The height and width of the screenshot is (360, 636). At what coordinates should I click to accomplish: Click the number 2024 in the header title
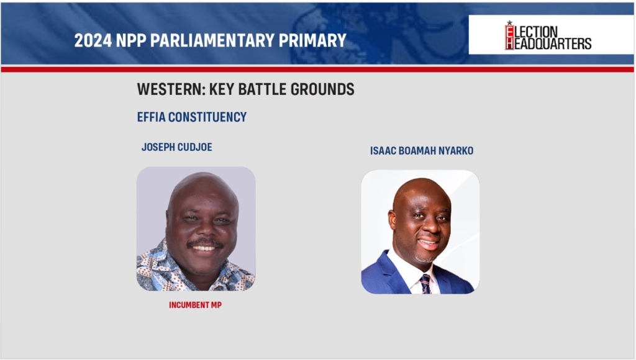click(93, 40)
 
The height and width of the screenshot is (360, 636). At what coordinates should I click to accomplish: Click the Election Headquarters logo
click(548, 35)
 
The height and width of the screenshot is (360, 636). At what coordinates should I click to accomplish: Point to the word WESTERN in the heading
click(170, 89)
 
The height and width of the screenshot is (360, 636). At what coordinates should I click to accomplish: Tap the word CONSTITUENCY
click(207, 117)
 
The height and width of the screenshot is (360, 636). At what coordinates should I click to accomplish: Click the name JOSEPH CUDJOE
click(177, 146)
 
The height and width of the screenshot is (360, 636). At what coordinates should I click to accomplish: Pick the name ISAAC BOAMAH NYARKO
click(422, 151)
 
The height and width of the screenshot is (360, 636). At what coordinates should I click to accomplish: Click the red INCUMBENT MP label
click(196, 305)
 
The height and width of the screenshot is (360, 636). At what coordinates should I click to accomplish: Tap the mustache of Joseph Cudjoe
click(205, 243)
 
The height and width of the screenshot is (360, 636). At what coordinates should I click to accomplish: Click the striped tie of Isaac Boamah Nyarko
click(425, 284)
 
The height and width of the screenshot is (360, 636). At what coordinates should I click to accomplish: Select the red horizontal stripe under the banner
click(317, 70)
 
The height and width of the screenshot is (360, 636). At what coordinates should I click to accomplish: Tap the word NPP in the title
click(131, 40)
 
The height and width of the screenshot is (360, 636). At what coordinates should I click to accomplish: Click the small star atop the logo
click(509, 23)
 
